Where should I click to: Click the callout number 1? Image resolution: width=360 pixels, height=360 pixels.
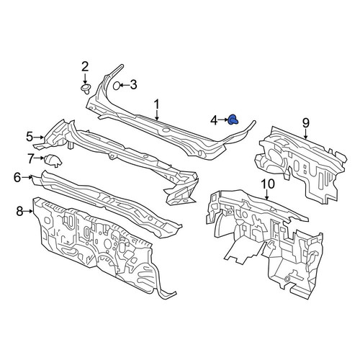click(x=156, y=104)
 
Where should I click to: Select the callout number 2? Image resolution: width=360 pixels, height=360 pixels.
click(x=85, y=66)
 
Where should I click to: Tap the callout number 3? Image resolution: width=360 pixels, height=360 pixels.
click(x=133, y=85)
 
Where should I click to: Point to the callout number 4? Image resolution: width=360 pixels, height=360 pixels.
click(x=214, y=120)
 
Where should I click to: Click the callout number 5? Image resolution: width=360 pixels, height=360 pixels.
click(x=30, y=137)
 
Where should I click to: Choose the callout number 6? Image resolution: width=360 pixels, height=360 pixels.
click(x=17, y=178)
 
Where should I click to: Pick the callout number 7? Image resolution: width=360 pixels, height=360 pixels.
click(x=31, y=158)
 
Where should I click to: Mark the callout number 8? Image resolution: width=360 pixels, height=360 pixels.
click(x=19, y=212)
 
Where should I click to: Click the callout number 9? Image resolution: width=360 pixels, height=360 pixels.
click(x=305, y=123)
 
